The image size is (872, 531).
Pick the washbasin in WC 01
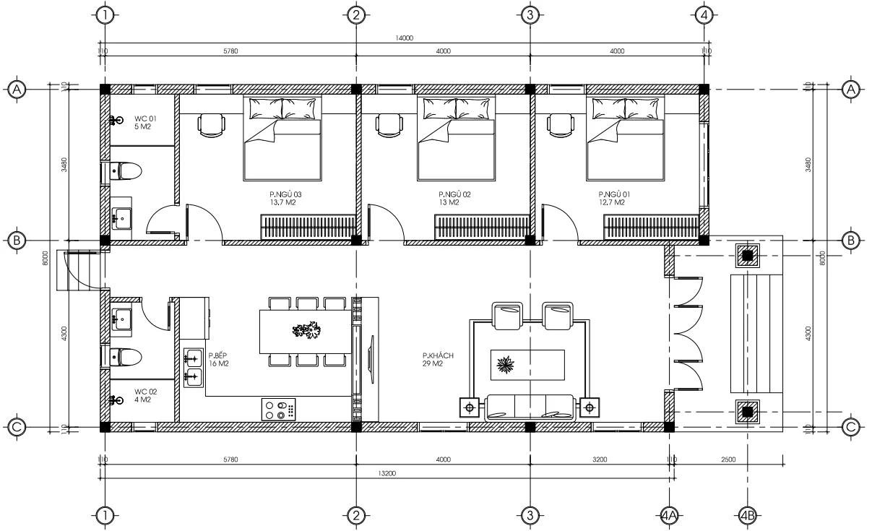tap(121, 215)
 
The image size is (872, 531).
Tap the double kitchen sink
tap(192, 366)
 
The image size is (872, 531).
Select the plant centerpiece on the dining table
tap(306, 332)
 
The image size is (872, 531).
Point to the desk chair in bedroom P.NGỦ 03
tap(211, 125)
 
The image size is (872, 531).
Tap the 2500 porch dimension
tap(728, 459)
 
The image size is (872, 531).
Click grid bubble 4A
tap(669, 515)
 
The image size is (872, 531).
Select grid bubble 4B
tap(748, 515)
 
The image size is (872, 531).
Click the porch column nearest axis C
tap(748, 413)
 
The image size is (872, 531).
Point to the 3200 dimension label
tap(599, 459)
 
